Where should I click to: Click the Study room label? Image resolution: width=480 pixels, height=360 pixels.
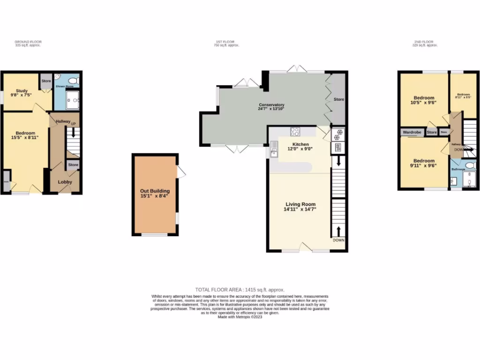click(x=22, y=91)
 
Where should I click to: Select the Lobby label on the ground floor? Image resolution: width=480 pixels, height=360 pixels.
click(x=65, y=181)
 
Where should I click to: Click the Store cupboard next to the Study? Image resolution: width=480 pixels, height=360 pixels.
click(x=46, y=81)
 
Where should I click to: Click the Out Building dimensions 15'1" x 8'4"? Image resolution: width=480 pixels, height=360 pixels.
click(x=155, y=196)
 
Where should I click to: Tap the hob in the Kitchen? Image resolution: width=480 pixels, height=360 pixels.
click(x=295, y=132)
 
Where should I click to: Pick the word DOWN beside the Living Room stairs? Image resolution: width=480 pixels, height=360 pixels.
click(x=338, y=240)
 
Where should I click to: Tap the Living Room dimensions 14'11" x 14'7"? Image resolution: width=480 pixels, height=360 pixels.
click(x=300, y=210)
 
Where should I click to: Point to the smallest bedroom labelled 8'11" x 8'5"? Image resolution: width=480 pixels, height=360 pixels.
click(x=464, y=97)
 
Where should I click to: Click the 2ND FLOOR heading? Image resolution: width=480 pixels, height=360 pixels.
click(x=425, y=42)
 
